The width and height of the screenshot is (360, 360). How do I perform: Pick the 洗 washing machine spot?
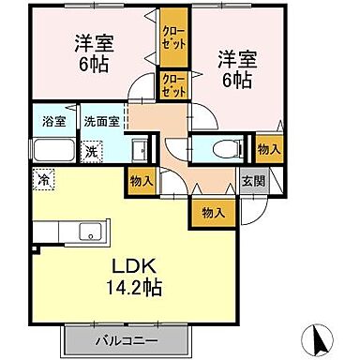click(92, 151)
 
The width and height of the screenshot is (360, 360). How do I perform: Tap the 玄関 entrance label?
click(248, 183)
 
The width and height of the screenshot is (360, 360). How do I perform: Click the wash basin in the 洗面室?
click(136, 148)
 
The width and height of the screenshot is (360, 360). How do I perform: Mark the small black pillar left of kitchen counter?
click(35, 248)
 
